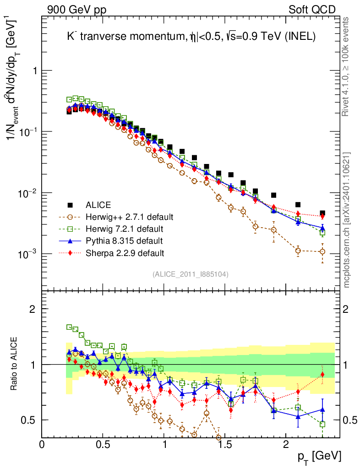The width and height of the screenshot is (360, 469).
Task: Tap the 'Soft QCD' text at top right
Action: (x=312, y=10)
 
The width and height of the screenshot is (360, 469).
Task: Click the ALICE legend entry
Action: (x=98, y=205)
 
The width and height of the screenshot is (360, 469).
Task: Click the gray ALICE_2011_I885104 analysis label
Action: (x=191, y=274)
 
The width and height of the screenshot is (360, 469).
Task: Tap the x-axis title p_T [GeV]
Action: (x=319, y=456)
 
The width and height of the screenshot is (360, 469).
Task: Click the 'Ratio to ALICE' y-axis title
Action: (x=14, y=364)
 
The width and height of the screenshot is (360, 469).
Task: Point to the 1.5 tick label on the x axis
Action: (x=225, y=444)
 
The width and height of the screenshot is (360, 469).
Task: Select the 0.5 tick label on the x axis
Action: (x=103, y=444)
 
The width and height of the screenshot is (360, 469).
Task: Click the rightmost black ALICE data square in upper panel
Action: (x=322, y=213)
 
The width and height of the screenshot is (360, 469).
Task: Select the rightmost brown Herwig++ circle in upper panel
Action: (x=322, y=251)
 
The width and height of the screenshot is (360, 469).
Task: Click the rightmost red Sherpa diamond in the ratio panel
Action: (x=322, y=375)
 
